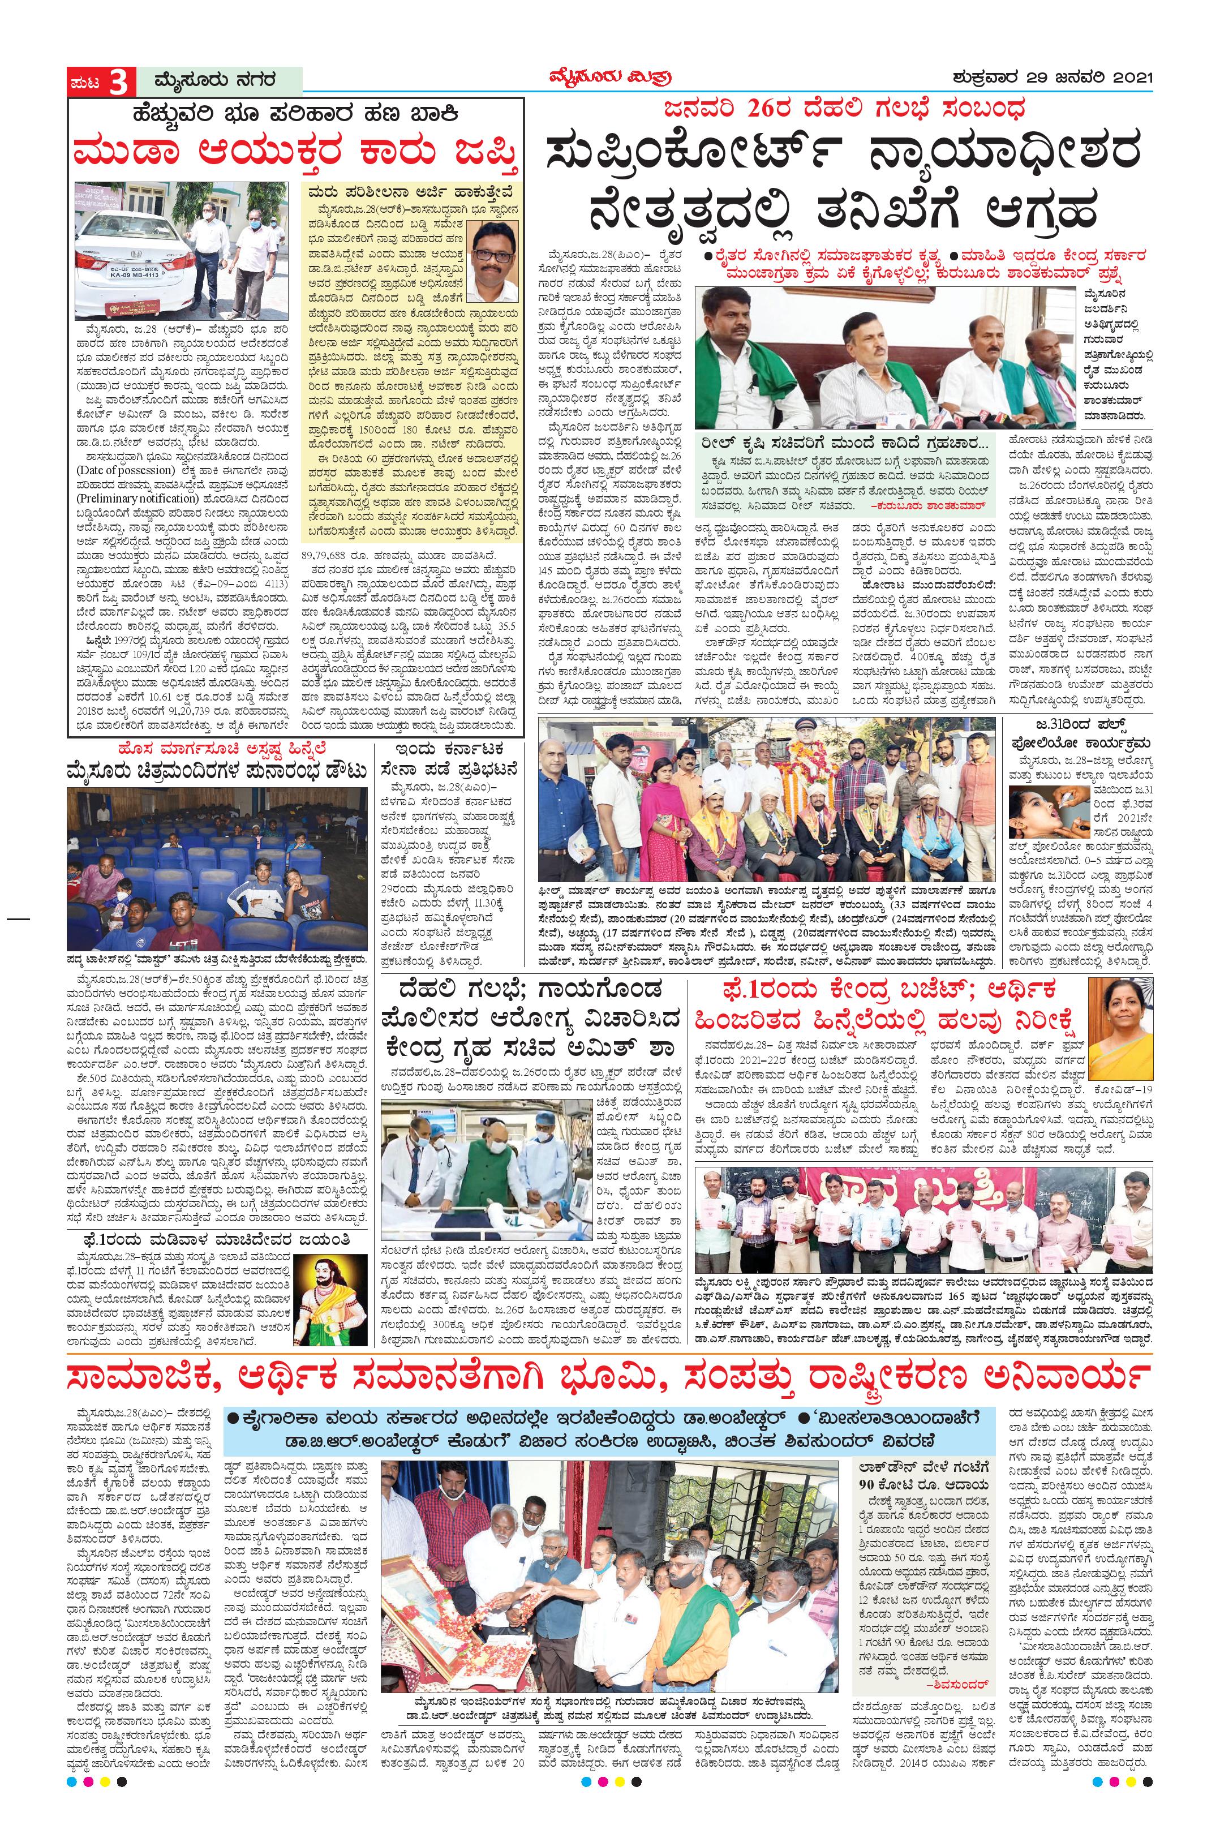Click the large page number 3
pos(118,81)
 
